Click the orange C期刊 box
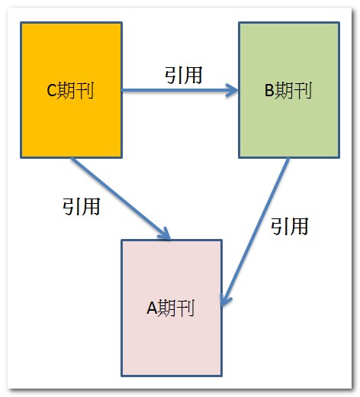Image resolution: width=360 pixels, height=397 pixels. coord(71,90)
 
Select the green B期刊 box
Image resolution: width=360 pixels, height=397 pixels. coord(289,90)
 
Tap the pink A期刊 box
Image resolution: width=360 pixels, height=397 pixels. coord(172,308)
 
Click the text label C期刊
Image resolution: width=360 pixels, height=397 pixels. coord(70,90)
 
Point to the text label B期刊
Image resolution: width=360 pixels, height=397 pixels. coord(288,90)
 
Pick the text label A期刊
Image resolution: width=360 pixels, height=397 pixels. coord(171,308)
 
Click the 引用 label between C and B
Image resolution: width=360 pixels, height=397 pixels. coord(184,75)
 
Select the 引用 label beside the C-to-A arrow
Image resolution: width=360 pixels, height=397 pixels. coord(82,206)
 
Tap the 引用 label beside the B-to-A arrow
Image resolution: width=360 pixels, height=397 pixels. coord(289,226)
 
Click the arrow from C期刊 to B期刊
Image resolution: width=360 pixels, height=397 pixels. coord(180,90)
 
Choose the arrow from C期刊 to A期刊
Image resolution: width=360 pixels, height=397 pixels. coord(121,198)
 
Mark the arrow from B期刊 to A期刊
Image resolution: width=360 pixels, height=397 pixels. coord(256,232)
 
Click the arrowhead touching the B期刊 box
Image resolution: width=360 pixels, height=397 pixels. coord(233,90)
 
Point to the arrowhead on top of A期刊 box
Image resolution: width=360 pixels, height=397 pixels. coord(166,234)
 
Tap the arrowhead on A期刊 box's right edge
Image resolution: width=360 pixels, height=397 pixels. coord(225,300)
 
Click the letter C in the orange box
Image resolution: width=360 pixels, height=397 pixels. coord(51,90)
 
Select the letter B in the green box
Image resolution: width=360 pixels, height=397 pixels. coord(269,90)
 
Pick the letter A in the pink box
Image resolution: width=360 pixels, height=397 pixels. coord(152,308)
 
